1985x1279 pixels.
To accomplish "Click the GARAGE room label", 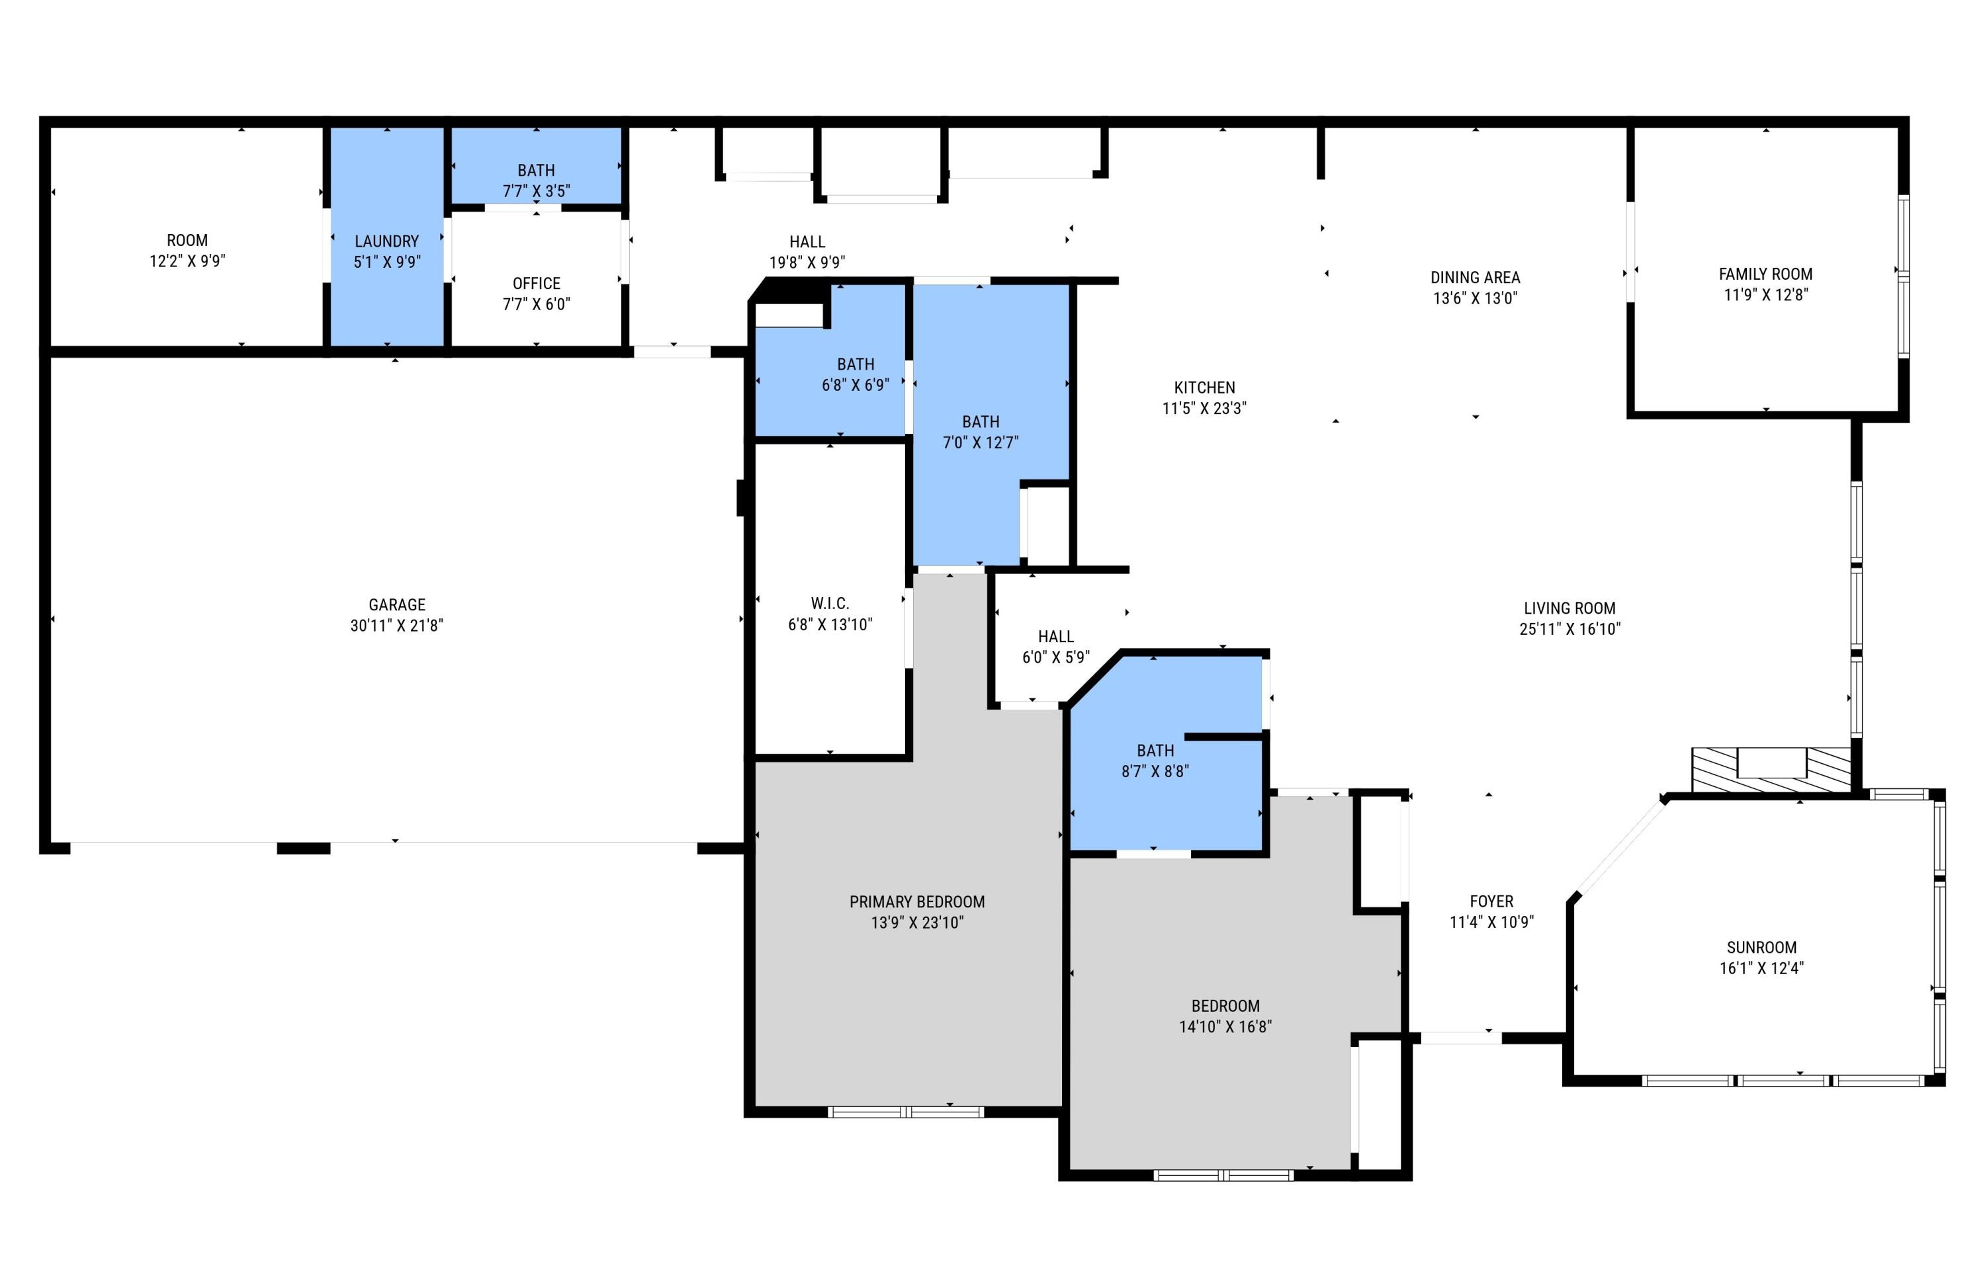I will (x=396, y=604).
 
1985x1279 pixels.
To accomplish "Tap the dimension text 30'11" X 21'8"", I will (x=396, y=626).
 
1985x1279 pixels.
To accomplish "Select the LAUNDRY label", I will (x=386, y=241).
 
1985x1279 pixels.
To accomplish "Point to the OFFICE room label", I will (x=536, y=283).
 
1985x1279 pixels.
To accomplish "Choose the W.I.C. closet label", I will (x=829, y=604).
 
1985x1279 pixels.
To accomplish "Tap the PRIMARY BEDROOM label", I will (x=916, y=901).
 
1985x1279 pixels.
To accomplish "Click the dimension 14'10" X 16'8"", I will (x=1225, y=1026).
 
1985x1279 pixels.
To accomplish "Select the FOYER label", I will (x=1491, y=901).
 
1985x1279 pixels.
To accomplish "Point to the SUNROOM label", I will (x=1761, y=948).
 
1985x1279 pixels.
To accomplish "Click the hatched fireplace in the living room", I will (x=1771, y=770).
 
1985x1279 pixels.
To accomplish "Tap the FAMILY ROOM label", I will (x=1765, y=274).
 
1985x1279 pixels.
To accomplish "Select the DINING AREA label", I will (x=1475, y=277).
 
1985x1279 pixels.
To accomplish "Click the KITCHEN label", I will (x=1204, y=387).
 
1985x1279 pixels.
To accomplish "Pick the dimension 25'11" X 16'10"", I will (x=1569, y=629).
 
